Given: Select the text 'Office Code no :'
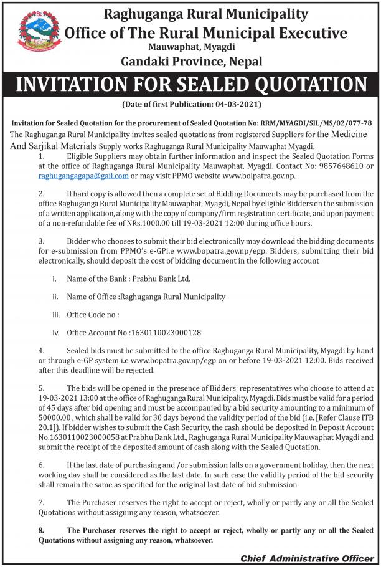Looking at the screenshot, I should (92, 315).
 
